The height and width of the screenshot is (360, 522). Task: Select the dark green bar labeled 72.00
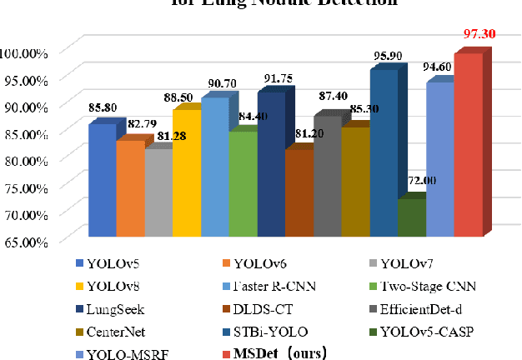click(411, 218)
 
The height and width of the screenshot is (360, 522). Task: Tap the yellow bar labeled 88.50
click(186, 173)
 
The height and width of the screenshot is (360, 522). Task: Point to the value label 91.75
click(279, 79)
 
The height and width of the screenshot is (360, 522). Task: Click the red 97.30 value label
click(479, 34)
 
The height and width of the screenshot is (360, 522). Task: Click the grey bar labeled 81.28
click(158, 193)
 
